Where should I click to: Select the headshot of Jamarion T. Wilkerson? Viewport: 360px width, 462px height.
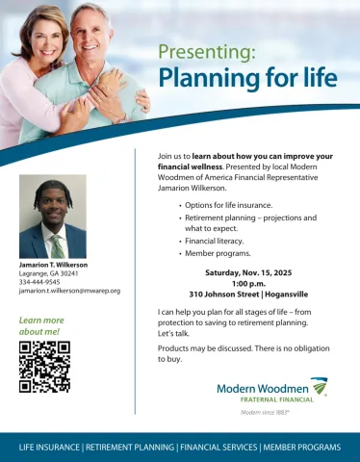53,216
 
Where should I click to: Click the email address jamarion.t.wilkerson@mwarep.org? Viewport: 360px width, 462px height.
69,290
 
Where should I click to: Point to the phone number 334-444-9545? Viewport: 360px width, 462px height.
38,281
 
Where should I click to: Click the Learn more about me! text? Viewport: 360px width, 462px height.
41,325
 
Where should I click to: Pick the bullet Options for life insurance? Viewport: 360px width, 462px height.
228,205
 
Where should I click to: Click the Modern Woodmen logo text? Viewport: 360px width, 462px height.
261,388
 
